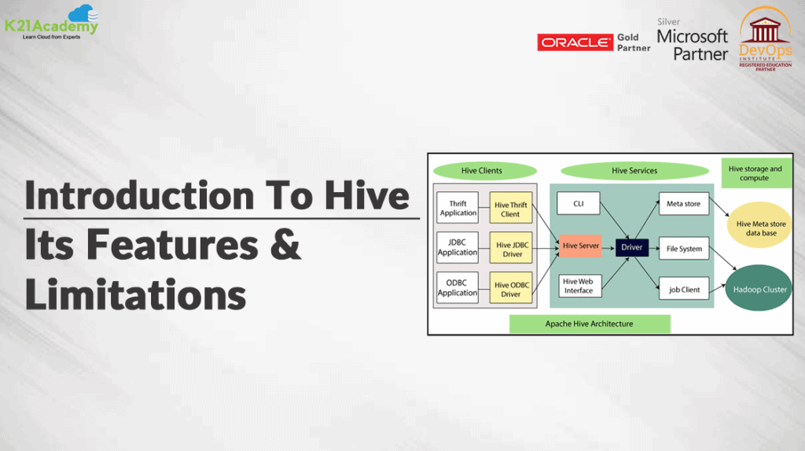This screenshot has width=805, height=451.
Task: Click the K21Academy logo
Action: coord(51,23)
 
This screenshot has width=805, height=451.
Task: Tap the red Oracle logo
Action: coord(575,43)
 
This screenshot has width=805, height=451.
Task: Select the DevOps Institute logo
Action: coord(765,39)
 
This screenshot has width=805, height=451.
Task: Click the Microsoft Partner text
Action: coord(693,45)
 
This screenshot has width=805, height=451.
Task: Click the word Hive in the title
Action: coord(367,195)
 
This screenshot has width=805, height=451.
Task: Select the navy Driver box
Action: coord(631,247)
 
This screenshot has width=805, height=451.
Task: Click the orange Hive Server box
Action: coord(581,246)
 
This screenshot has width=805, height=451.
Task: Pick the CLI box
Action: coord(578,204)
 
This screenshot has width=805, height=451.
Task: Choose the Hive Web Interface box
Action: coord(579,286)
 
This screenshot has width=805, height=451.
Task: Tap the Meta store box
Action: coord(683,204)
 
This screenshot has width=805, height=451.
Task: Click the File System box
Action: coord(684,249)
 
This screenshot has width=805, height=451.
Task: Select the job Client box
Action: coord(684,290)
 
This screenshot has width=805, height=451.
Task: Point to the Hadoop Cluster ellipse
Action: coord(759,288)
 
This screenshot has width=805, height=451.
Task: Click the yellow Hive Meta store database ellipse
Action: coord(760,225)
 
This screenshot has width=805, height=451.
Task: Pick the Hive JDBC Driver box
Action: coord(511,248)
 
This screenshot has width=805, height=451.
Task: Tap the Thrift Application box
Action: coord(458,208)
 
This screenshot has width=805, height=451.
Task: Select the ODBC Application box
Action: coord(458,287)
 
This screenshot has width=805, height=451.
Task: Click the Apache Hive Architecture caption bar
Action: coord(590,324)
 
